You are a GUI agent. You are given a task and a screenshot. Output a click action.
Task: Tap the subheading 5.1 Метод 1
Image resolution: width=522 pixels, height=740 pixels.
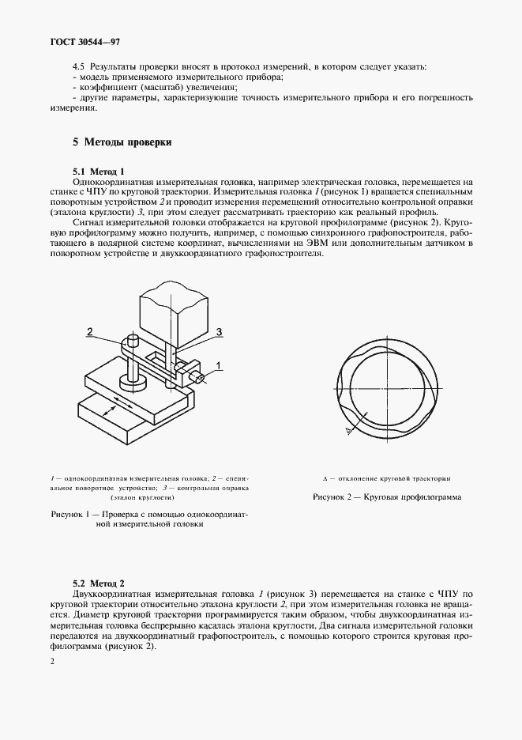[99, 172]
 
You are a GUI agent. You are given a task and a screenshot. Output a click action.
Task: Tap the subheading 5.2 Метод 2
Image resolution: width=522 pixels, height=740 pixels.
[99, 581]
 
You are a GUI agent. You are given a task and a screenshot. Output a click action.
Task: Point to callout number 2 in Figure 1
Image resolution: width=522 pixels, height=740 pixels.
[90, 330]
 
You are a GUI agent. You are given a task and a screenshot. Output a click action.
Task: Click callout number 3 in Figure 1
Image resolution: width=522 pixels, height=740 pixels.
[220, 331]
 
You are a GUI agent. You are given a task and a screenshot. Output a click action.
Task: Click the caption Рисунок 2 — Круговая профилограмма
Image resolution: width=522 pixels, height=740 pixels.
[386, 496]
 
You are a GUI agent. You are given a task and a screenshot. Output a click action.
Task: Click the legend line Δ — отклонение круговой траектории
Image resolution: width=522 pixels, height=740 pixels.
[386, 479]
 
